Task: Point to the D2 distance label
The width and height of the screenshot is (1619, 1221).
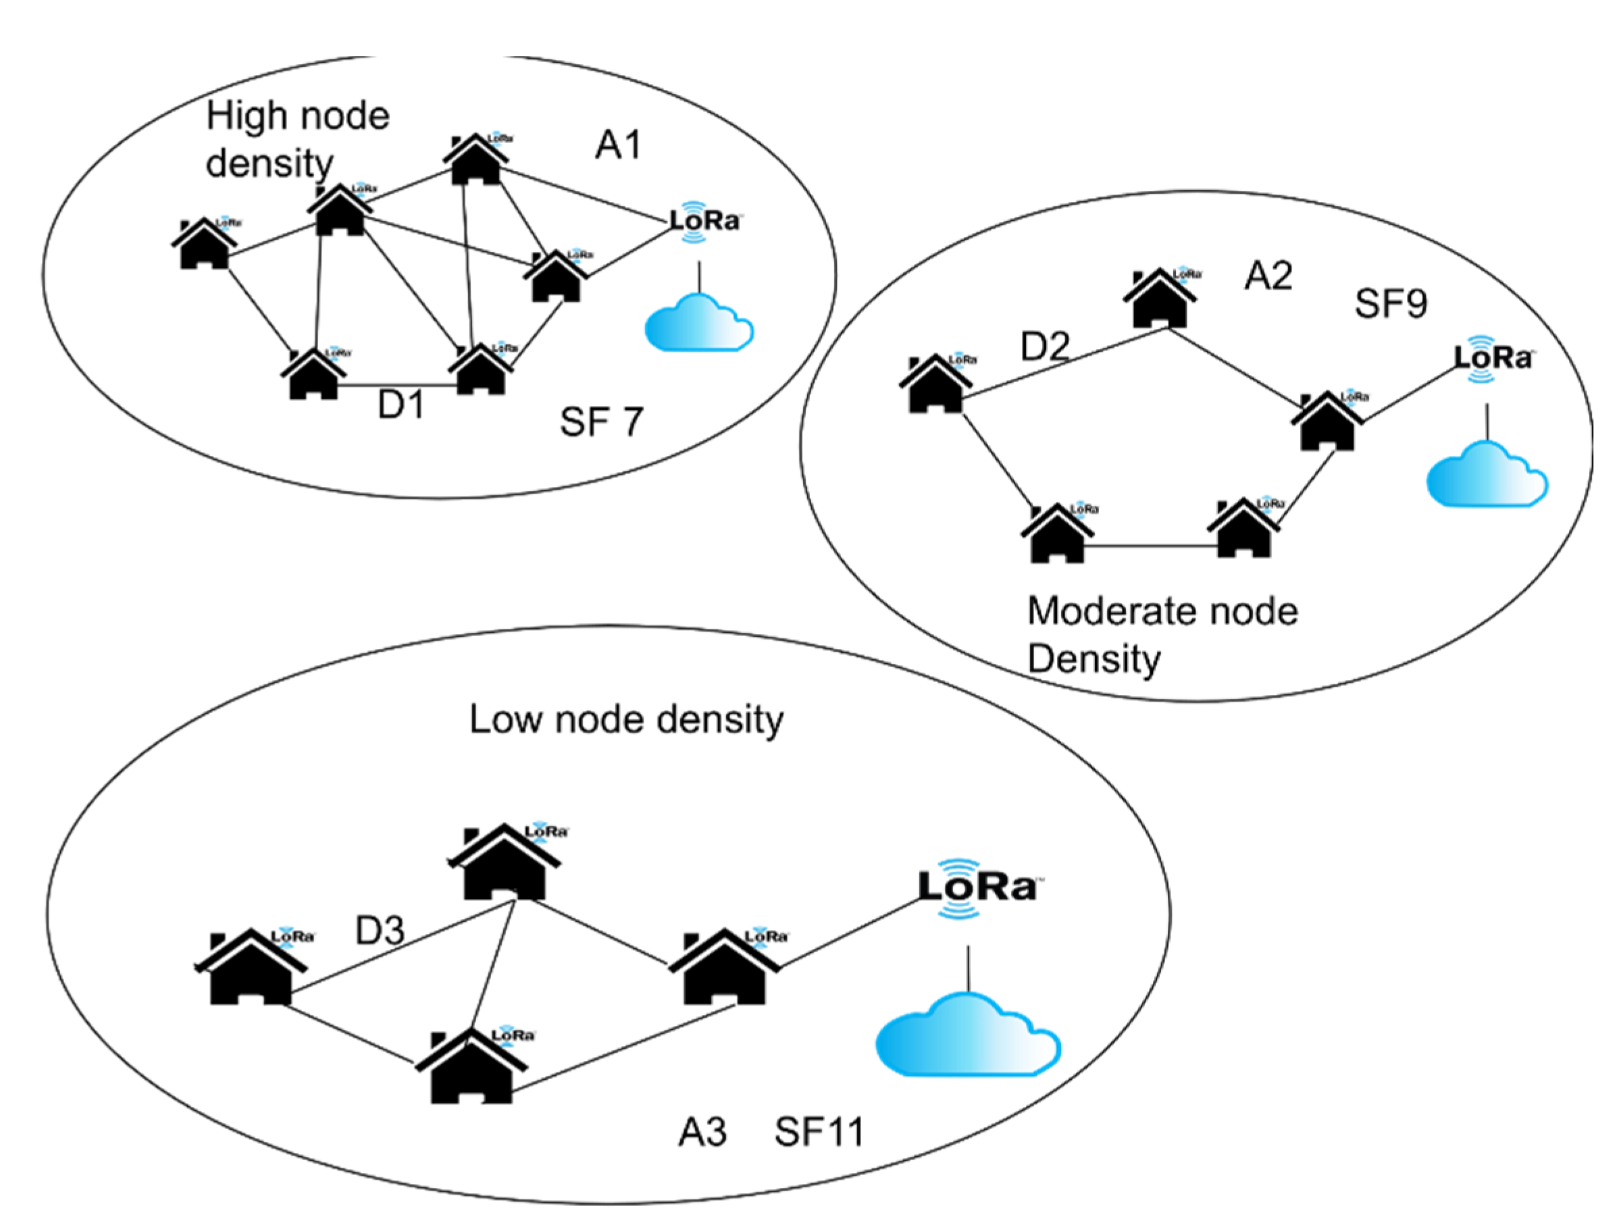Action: [x=1045, y=346]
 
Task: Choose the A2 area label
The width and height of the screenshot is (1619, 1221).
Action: [x=1268, y=276]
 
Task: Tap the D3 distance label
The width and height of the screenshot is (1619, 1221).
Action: [x=380, y=931]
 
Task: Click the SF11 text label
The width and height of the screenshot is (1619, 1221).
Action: [x=820, y=1131]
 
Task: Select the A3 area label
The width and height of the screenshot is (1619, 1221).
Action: [x=702, y=1132]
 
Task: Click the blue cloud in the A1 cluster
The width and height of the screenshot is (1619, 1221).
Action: [x=698, y=322]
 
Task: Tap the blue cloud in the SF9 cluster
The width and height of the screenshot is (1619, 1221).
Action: [x=1487, y=473]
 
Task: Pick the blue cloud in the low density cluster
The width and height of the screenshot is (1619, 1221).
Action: [x=968, y=1035]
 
